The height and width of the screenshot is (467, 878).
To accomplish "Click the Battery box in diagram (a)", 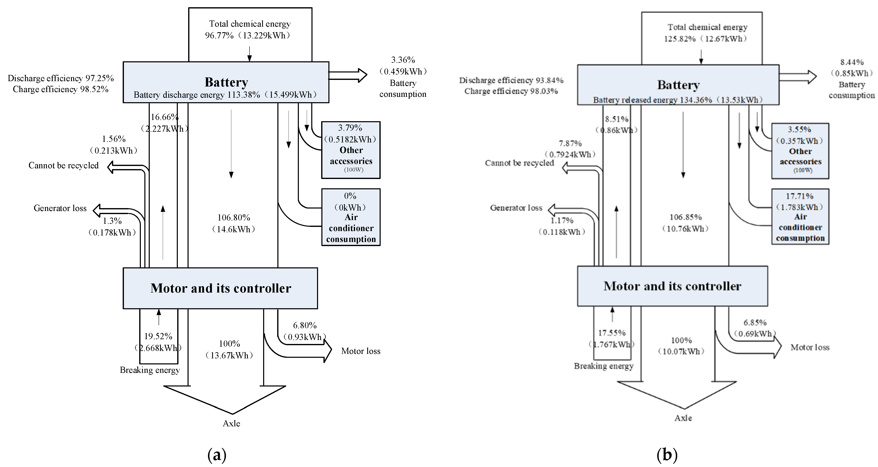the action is click(226, 82).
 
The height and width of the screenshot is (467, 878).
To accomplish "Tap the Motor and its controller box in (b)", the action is click(672, 286).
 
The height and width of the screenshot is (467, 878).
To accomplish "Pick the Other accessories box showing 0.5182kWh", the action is click(351, 150).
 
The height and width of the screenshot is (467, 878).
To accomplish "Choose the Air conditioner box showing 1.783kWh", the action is click(800, 217).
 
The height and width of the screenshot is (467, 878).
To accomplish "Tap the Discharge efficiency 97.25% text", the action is click(61, 78).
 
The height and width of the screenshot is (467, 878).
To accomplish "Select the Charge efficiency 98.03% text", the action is click(511, 91).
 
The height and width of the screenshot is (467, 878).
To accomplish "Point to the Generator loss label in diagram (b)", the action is click(516, 208).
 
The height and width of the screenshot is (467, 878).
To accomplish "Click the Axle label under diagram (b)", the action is click(683, 418).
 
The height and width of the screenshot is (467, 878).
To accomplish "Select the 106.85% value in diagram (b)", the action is click(686, 217).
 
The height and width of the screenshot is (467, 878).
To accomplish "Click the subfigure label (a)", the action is click(217, 455).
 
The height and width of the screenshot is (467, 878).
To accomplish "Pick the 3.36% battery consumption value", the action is click(403, 60).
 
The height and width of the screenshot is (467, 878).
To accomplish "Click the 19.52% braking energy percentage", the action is click(158, 336).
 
